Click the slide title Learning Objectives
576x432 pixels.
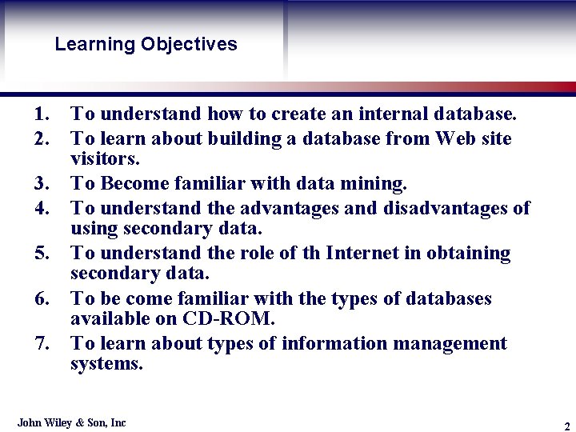[146, 44]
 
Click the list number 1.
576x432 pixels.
[42, 116]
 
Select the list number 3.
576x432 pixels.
[42, 184]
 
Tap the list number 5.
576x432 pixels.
[42, 254]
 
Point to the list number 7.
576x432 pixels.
[42, 344]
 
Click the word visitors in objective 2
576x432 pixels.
[103, 159]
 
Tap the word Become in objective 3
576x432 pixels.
[134, 184]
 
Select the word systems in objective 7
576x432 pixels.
[106, 365]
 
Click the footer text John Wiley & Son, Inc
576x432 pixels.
[72, 422]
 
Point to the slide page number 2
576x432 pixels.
[566, 425]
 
